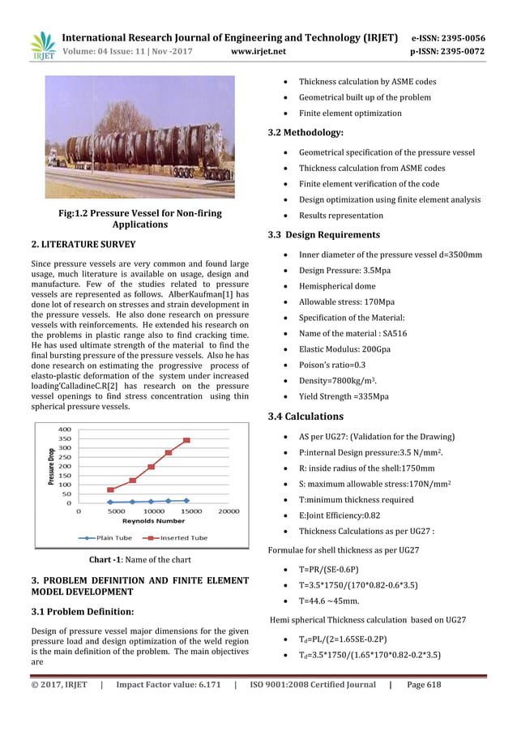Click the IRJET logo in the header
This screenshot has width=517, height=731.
pyautogui.click(x=42, y=45)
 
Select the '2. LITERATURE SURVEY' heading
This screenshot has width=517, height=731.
pyautogui.click(x=83, y=244)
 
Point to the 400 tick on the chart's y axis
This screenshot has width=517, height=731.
pyautogui.click(x=64, y=430)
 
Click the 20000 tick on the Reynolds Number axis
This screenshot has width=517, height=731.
pyautogui.click(x=228, y=511)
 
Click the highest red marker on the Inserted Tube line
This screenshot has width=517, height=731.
pyautogui.click(x=186, y=440)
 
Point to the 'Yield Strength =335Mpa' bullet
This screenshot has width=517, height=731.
pyautogui.click(x=343, y=396)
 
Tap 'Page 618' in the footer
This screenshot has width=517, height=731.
pyautogui.click(x=424, y=685)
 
